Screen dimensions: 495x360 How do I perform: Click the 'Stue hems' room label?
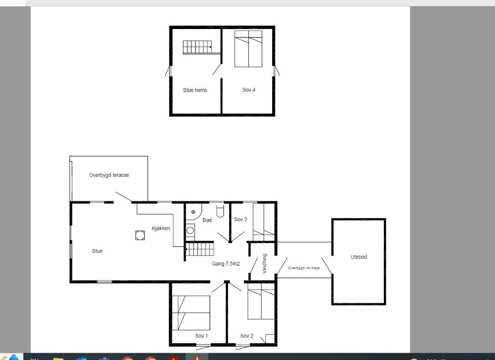click(195, 90)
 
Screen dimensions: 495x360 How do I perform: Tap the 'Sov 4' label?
click(249, 90)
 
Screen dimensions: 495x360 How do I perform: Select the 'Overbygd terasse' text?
click(109, 175)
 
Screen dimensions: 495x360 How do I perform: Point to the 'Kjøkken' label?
click(161, 228)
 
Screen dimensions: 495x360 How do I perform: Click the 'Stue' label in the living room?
click(97, 251)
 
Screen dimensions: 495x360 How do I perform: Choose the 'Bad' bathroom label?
click(207, 220)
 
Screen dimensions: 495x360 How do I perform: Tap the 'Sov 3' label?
click(241, 219)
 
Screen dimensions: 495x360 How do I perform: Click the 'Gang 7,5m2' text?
click(226, 264)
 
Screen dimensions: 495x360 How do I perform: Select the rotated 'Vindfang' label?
click(264, 264)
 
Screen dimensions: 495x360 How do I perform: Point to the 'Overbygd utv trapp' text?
click(304, 268)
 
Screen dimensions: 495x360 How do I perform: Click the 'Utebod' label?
click(359, 257)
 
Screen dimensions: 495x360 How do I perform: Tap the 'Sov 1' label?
click(202, 336)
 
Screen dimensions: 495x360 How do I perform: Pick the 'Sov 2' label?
click(247, 336)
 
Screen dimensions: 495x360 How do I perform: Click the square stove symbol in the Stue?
click(140, 236)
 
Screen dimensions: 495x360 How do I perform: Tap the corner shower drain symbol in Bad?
click(193, 212)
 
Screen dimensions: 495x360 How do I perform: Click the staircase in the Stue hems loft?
click(197, 47)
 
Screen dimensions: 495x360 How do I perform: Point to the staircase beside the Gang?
click(200, 249)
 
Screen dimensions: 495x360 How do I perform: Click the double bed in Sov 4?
click(248, 49)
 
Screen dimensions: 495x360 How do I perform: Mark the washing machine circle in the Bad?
click(190, 230)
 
